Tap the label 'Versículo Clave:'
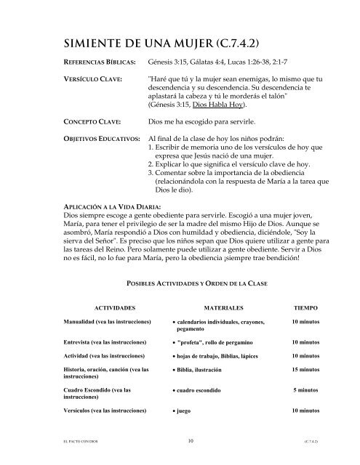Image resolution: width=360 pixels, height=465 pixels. tap(91, 77)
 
